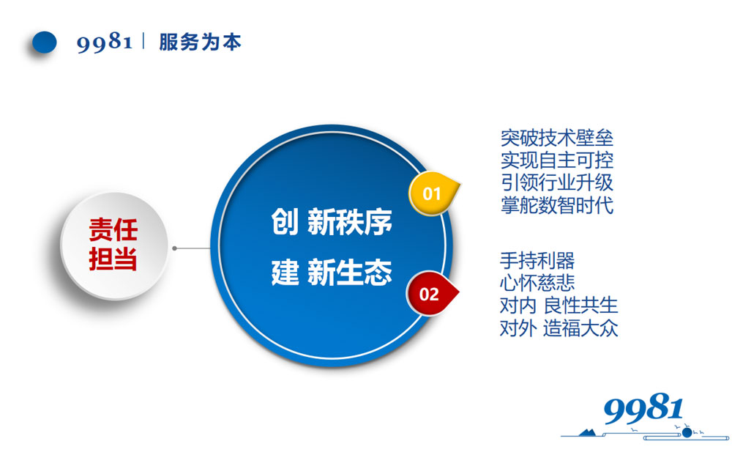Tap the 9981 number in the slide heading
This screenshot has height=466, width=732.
click(x=104, y=42)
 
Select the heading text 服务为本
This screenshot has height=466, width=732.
click(x=200, y=42)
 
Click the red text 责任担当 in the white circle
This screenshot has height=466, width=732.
click(x=113, y=245)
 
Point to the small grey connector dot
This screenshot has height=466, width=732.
click(x=175, y=248)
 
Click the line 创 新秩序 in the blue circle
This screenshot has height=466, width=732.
click(x=332, y=222)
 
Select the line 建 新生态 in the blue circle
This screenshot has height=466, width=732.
click(x=332, y=273)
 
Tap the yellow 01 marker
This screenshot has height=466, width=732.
click(x=433, y=194)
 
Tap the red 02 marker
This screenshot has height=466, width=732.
click(x=430, y=295)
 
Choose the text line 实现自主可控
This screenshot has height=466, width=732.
click(x=557, y=160)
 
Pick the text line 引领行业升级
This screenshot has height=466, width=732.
click(x=557, y=182)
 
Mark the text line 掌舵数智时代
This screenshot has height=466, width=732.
click(x=557, y=204)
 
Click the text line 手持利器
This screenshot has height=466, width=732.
click(x=537, y=260)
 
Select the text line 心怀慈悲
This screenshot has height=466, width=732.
click(x=537, y=283)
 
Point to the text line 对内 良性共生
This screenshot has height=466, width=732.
click(x=559, y=305)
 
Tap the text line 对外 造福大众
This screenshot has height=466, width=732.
click(x=559, y=328)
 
